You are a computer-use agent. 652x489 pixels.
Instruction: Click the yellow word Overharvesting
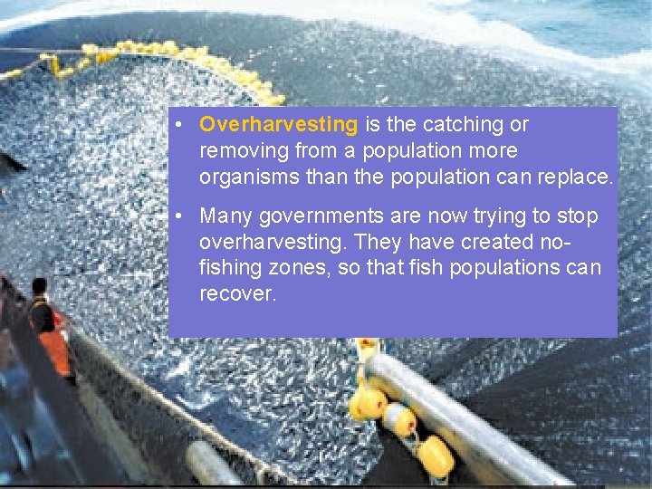click(x=279, y=124)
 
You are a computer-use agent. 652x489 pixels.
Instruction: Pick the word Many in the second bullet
click(x=225, y=216)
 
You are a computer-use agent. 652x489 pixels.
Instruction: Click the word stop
click(x=579, y=216)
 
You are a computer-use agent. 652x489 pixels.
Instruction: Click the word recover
click(x=237, y=295)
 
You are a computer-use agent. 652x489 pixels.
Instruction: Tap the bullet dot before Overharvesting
click(x=182, y=124)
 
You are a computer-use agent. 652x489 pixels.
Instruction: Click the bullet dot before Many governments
click(x=182, y=216)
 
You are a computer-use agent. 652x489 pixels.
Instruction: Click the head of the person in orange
click(x=39, y=288)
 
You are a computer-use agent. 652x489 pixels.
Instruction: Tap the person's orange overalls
click(x=54, y=349)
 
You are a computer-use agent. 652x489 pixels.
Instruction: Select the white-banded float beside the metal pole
click(x=398, y=419)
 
